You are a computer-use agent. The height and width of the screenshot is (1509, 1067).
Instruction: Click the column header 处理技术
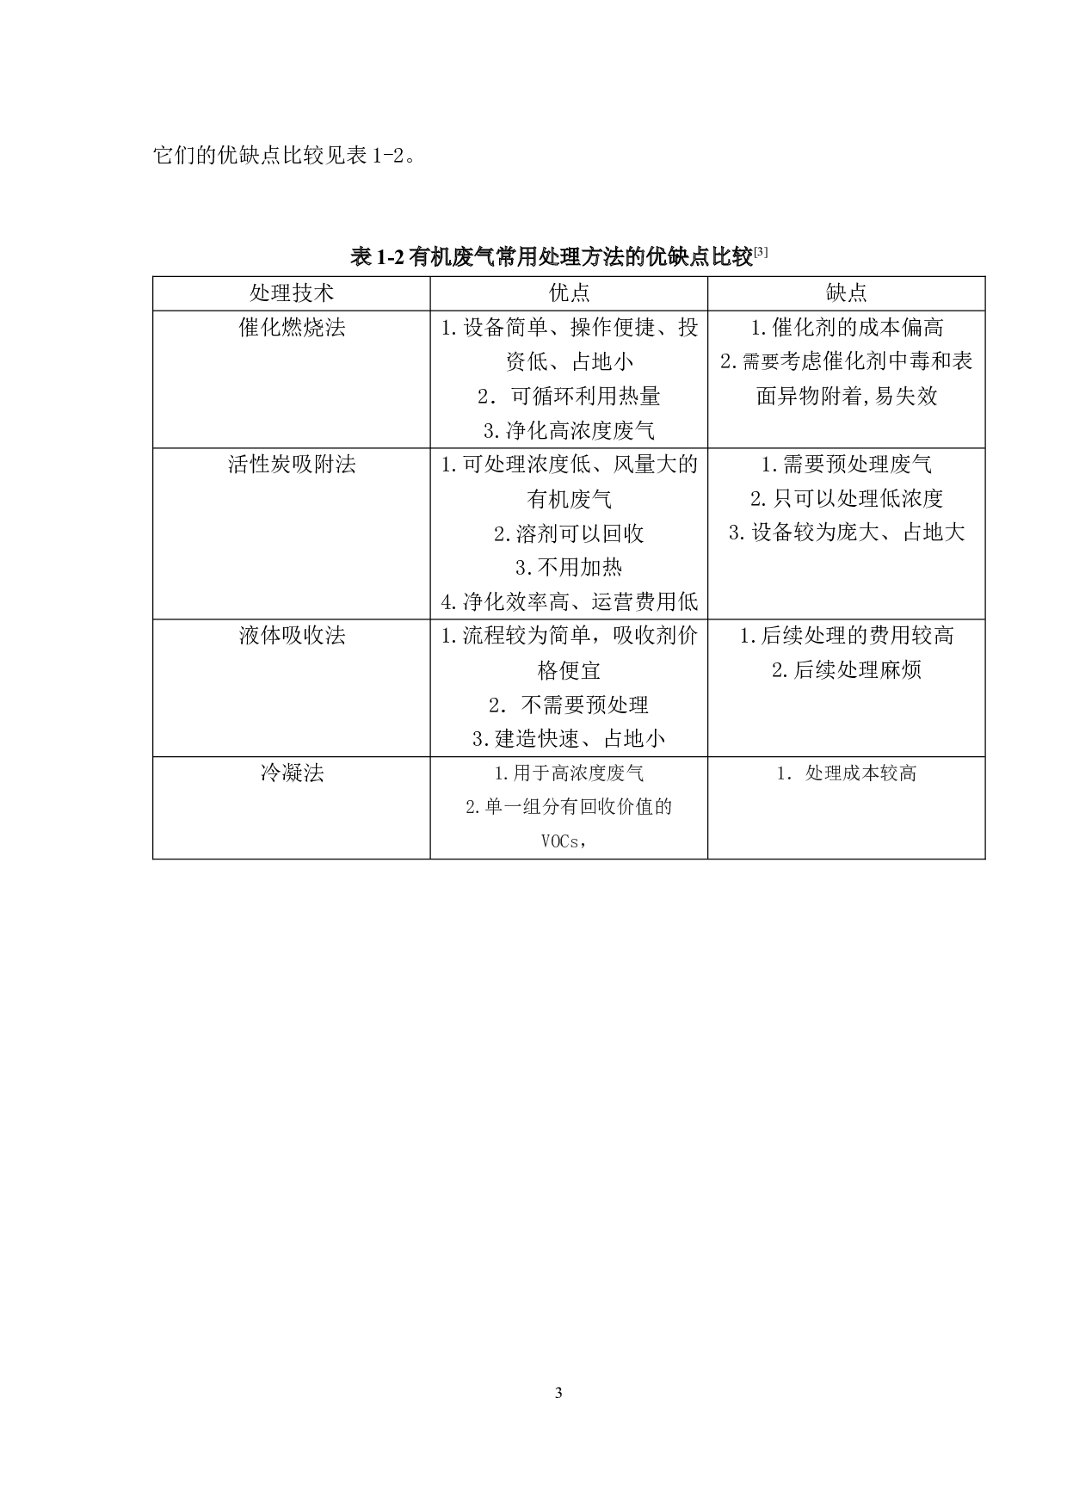coord(292,293)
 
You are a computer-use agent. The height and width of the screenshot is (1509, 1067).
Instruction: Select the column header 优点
coord(569,293)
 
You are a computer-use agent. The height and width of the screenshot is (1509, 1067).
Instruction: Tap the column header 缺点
coord(847,293)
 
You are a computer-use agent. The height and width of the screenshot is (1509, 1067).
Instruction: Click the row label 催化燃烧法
coord(292,328)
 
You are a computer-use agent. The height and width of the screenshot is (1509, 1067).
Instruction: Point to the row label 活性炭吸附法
coord(292,465)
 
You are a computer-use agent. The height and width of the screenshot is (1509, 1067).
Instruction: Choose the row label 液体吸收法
coord(292,636)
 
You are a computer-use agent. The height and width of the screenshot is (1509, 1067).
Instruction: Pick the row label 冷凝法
coord(292,773)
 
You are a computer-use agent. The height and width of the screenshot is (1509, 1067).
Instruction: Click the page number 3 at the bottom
coord(559,1393)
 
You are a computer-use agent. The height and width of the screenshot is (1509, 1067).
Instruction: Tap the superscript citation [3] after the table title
coord(761,252)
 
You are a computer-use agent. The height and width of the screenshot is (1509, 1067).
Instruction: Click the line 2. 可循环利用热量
coord(569,396)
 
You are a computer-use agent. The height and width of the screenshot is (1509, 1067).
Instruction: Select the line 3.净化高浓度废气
coord(569,430)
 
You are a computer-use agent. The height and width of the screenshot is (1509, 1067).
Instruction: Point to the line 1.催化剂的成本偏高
coord(847,328)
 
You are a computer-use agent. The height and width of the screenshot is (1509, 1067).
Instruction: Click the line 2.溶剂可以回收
coord(569,533)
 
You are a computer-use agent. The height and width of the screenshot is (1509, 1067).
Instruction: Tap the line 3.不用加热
coord(569,568)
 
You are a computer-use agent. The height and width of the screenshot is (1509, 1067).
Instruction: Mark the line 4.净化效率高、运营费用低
coord(569,601)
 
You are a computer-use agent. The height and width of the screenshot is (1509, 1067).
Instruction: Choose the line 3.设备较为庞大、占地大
coord(847,533)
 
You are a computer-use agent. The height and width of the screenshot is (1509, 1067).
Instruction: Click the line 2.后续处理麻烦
coord(847,670)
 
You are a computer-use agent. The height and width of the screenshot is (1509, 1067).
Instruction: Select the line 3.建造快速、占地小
coord(569,738)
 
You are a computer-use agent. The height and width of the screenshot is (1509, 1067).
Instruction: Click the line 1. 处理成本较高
coord(847,773)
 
